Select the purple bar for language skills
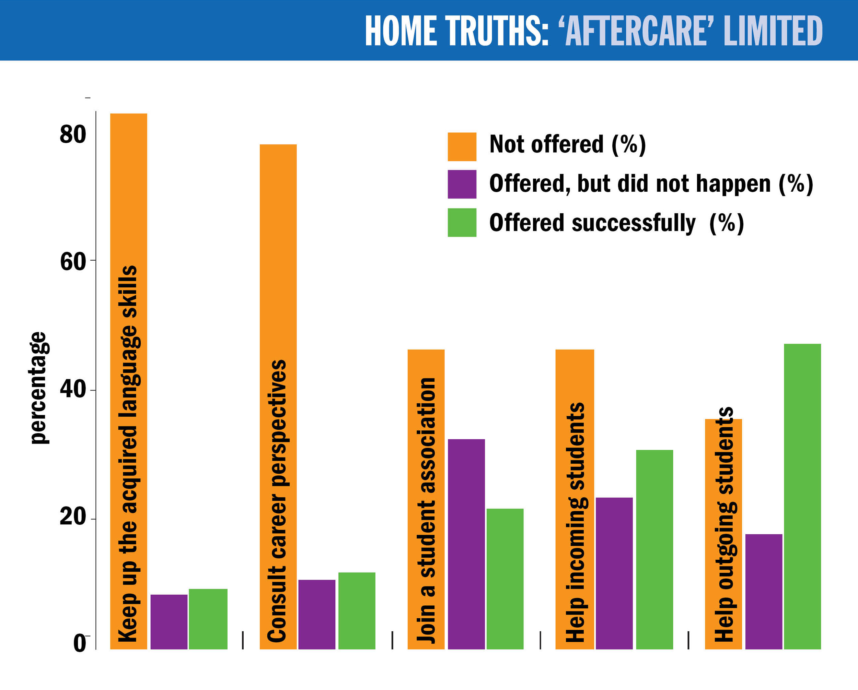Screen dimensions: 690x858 point(169,622)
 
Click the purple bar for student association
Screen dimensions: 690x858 point(466,545)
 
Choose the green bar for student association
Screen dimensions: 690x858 point(505,579)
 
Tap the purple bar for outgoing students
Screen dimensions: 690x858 point(764,592)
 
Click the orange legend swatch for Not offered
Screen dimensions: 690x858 point(462,147)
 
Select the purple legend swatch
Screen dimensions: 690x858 point(462,184)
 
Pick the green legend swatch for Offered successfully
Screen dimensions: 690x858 point(462,222)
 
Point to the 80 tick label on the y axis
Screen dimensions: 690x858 point(73,134)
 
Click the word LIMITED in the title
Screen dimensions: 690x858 point(773,31)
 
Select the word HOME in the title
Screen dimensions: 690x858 point(401,31)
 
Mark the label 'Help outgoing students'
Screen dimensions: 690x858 point(725,525)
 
